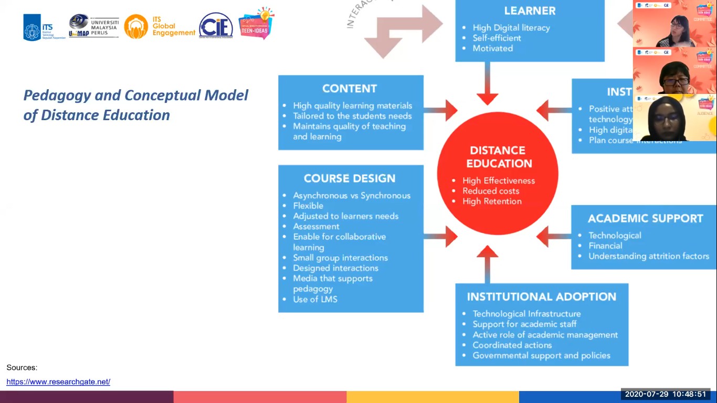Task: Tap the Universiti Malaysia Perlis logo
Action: (x=94, y=26)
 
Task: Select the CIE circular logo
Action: (x=216, y=26)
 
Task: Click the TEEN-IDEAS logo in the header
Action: (x=256, y=24)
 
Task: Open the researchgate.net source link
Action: (x=58, y=382)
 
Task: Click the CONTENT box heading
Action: (x=350, y=89)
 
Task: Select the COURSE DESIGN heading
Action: (x=350, y=178)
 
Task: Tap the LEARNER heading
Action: (x=530, y=10)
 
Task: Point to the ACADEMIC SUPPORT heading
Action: (x=645, y=218)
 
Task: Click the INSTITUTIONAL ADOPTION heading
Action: (x=541, y=297)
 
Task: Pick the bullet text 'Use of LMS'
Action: (x=315, y=300)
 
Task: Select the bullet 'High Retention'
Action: (x=492, y=201)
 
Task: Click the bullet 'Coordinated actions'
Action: (x=512, y=345)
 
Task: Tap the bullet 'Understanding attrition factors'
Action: (x=648, y=256)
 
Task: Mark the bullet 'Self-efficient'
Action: (x=497, y=38)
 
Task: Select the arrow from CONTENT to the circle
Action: (x=441, y=110)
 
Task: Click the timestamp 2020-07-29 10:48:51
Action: (x=665, y=394)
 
